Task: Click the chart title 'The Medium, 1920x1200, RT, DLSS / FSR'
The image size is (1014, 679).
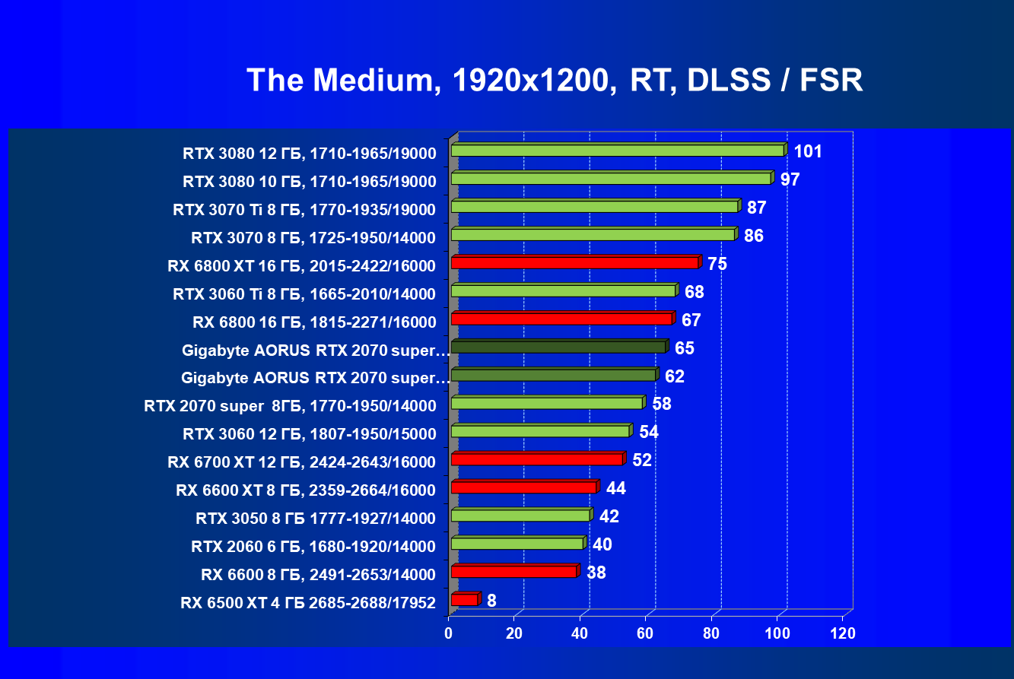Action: click(x=555, y=80)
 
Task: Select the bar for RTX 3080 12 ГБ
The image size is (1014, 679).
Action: click(x=617, y=151)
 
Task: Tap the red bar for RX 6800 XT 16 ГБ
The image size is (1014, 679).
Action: click(x=574, y=262)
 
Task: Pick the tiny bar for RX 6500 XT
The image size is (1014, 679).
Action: click(x=465, y=600)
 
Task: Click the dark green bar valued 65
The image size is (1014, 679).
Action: click(x=558, y=347)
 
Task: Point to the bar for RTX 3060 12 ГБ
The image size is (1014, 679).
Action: click(x=540, y=431)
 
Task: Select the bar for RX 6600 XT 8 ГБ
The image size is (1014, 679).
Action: click(x=523, y=487)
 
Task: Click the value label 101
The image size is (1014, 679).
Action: click(x=807, y=151)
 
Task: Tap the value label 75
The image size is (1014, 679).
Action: click(x=717, y=264)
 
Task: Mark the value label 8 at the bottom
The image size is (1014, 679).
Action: click(x=491, y=601)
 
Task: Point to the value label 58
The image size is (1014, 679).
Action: click(x=662, y=404)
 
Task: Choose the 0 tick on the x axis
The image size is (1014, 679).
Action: click(x=449, y=633)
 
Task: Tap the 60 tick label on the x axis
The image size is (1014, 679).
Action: click(x=646, y=633)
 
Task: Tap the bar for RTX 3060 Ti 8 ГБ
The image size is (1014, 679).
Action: click(x=563, y=290)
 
